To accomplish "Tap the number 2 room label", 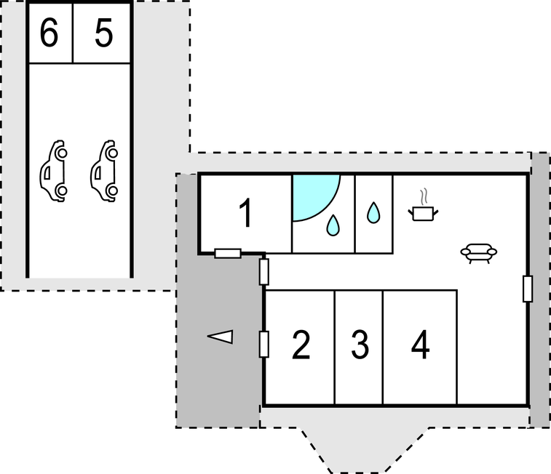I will [x=301, y=345].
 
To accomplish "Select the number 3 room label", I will [x=360, y=345].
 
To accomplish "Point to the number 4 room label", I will [x=420, y=345].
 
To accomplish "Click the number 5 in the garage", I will [x=104, y=34].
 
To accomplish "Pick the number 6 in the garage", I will [x=49, y=34].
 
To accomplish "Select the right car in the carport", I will [x=105, y=170].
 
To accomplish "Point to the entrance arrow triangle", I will [x=221, y=336].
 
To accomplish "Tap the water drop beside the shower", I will [x=333, y=225].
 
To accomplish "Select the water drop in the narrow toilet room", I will [x=373, y=212].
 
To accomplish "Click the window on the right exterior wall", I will [x=527, y=289].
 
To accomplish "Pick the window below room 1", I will [x=228, y=253].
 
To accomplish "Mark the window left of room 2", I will [x=263, y=344].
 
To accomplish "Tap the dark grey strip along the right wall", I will [x=539, y=291].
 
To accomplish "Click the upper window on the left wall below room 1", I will [x=263, y=271].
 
